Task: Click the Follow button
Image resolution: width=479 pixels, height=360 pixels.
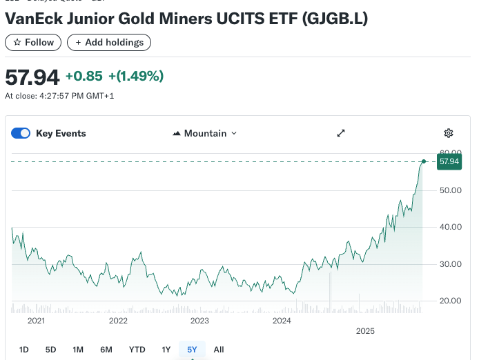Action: pyautogui.click(x=33, y=42)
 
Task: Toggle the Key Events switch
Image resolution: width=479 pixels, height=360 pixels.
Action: pyautogui.click(x=21, y=133)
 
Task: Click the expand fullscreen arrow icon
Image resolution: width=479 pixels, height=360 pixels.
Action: pyautogui.click(x=341, y=133)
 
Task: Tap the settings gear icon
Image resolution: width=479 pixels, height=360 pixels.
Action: pyautogui.click(x=449, y=133)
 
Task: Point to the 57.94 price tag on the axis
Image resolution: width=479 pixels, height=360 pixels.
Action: pyautogui.click(x=449, y=161)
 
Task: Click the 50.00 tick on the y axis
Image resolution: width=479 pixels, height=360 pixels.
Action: pyautogui.click(x=450, y=190)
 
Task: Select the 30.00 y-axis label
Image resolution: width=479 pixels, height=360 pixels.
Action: pyautogui.click(x=450, y=264)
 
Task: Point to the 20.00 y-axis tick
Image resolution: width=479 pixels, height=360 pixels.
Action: pyautogui.click(x=450, y=301)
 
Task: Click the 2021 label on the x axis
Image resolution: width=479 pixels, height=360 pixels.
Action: pyautogui.click(x=36, y=321)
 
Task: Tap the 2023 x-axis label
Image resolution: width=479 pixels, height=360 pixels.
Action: pyautogui.click(x=199, y=321)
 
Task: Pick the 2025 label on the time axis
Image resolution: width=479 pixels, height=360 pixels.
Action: pyautogui.click(x=365, y=332)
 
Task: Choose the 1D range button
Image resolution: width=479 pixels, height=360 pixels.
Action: pyautogui.click(x=23, y=350)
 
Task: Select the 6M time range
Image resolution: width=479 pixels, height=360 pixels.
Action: pyautogui.click(x=106, y=350)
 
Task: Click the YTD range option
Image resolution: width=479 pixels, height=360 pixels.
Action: pyautogui.click(x=137, y=350)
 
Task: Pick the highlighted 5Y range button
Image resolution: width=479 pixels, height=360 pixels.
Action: pyautogui.click(x=192, y=350)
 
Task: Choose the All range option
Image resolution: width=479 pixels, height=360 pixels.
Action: pyautogui.click(x=219, y=350)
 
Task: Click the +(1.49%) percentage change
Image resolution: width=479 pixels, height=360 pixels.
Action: pyautogui.click(x=136, y=76)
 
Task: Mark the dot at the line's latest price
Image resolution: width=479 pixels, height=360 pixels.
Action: pyautogui.click(x=424, y=161)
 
